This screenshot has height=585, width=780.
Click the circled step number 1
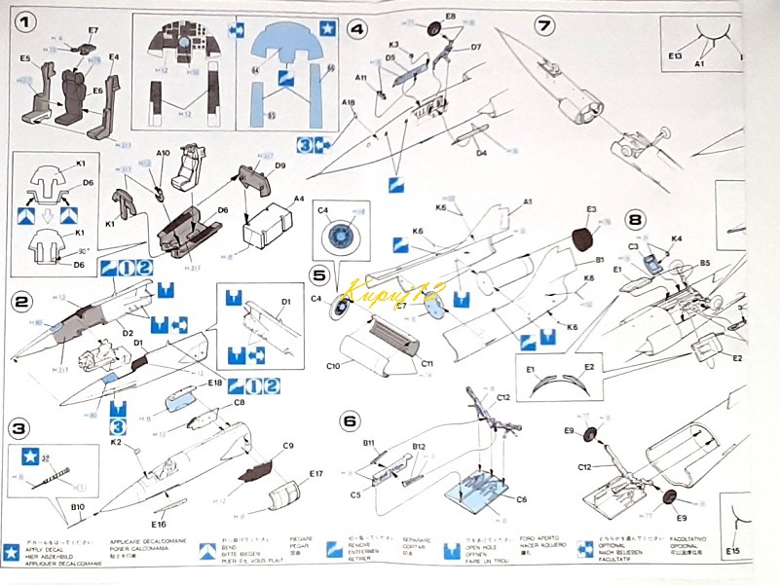pos(22,19)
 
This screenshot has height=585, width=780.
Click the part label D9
pos(279,165)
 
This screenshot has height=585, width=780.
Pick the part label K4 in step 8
pos(676,238)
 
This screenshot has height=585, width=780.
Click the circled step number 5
pos(320,275)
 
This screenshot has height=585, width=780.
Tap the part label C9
pos(287,446)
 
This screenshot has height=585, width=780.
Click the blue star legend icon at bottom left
pos(11,550)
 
